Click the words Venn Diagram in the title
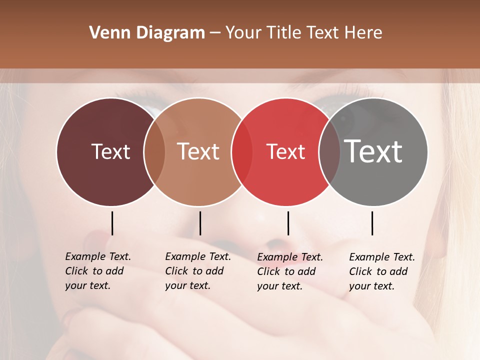[x=147, y=33]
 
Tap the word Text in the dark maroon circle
[x=110, y=151]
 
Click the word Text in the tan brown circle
[x=198, y=151]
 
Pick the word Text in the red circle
[x=285, y=151]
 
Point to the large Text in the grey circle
[x=373, y=151]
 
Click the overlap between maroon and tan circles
[x=154, y=151]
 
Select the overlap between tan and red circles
[x=242, y=151]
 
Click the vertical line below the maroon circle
[x=112, y=223]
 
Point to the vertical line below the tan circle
[x=200, y=223]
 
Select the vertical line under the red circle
[x=288, y=223]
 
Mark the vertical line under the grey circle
[x=372, y=223]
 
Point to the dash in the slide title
[x=215, y=33]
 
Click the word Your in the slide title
[x=243, y=33]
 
